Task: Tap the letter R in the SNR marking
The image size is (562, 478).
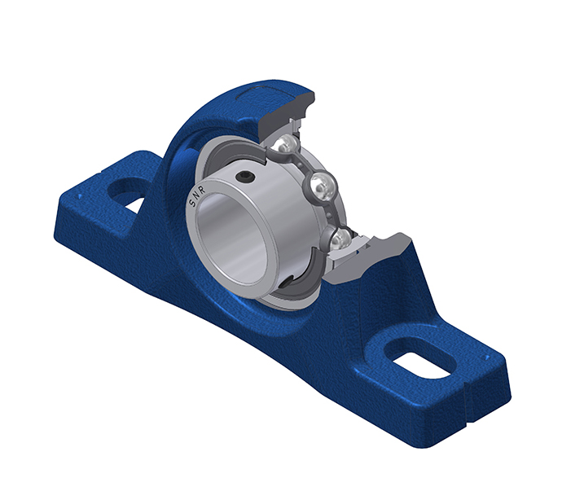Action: click(202, 191)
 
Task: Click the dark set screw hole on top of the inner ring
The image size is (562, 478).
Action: click(246, 176)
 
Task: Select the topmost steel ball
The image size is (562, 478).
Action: click(286, 146)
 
